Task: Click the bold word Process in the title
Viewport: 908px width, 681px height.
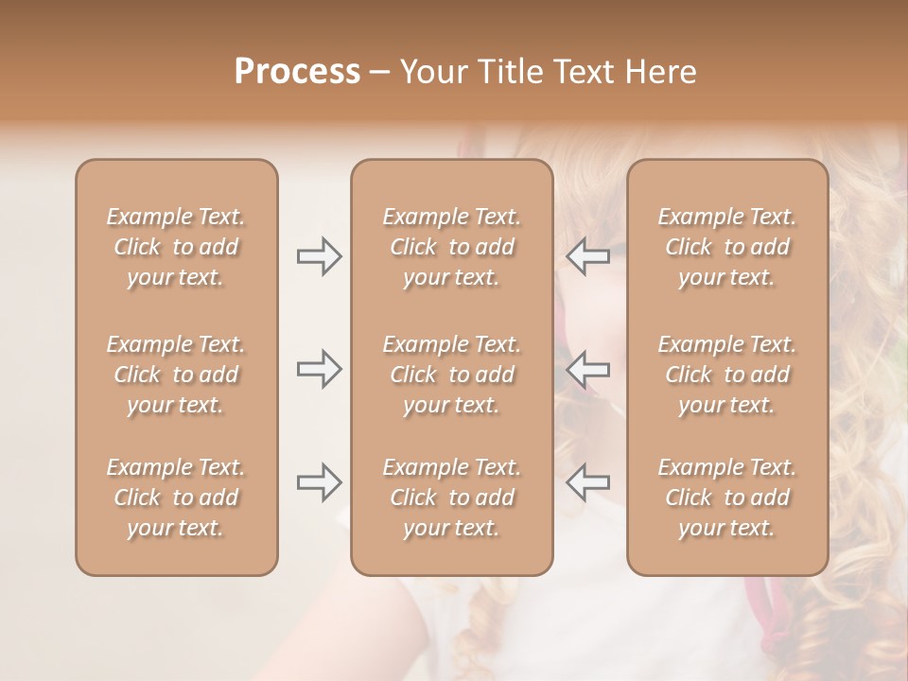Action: point(297,72)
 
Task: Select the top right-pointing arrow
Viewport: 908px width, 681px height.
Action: point(319,256)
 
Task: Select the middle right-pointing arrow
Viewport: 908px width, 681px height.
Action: point(319,369)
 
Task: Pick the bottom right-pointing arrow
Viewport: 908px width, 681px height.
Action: point(319,482)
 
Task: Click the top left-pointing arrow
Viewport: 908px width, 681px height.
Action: point(587,256)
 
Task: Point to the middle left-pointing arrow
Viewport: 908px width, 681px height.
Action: point(587,369)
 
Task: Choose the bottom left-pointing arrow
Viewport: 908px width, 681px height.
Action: point(587,482)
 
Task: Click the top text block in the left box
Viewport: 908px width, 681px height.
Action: point(176,247)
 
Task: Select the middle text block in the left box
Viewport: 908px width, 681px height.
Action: point(176,375)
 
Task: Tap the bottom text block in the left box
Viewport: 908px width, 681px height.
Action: point(176,498)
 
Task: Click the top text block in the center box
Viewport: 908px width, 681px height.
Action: point(451,247)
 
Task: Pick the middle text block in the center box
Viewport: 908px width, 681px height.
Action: point(451,375)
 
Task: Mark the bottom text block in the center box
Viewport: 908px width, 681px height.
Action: point(451,498)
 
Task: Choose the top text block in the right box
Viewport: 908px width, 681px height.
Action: point(727,247)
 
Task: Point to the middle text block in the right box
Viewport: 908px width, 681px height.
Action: point(727,375)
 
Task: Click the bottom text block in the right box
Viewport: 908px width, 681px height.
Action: point(727,498)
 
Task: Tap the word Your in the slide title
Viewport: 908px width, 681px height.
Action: point(432,72)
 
